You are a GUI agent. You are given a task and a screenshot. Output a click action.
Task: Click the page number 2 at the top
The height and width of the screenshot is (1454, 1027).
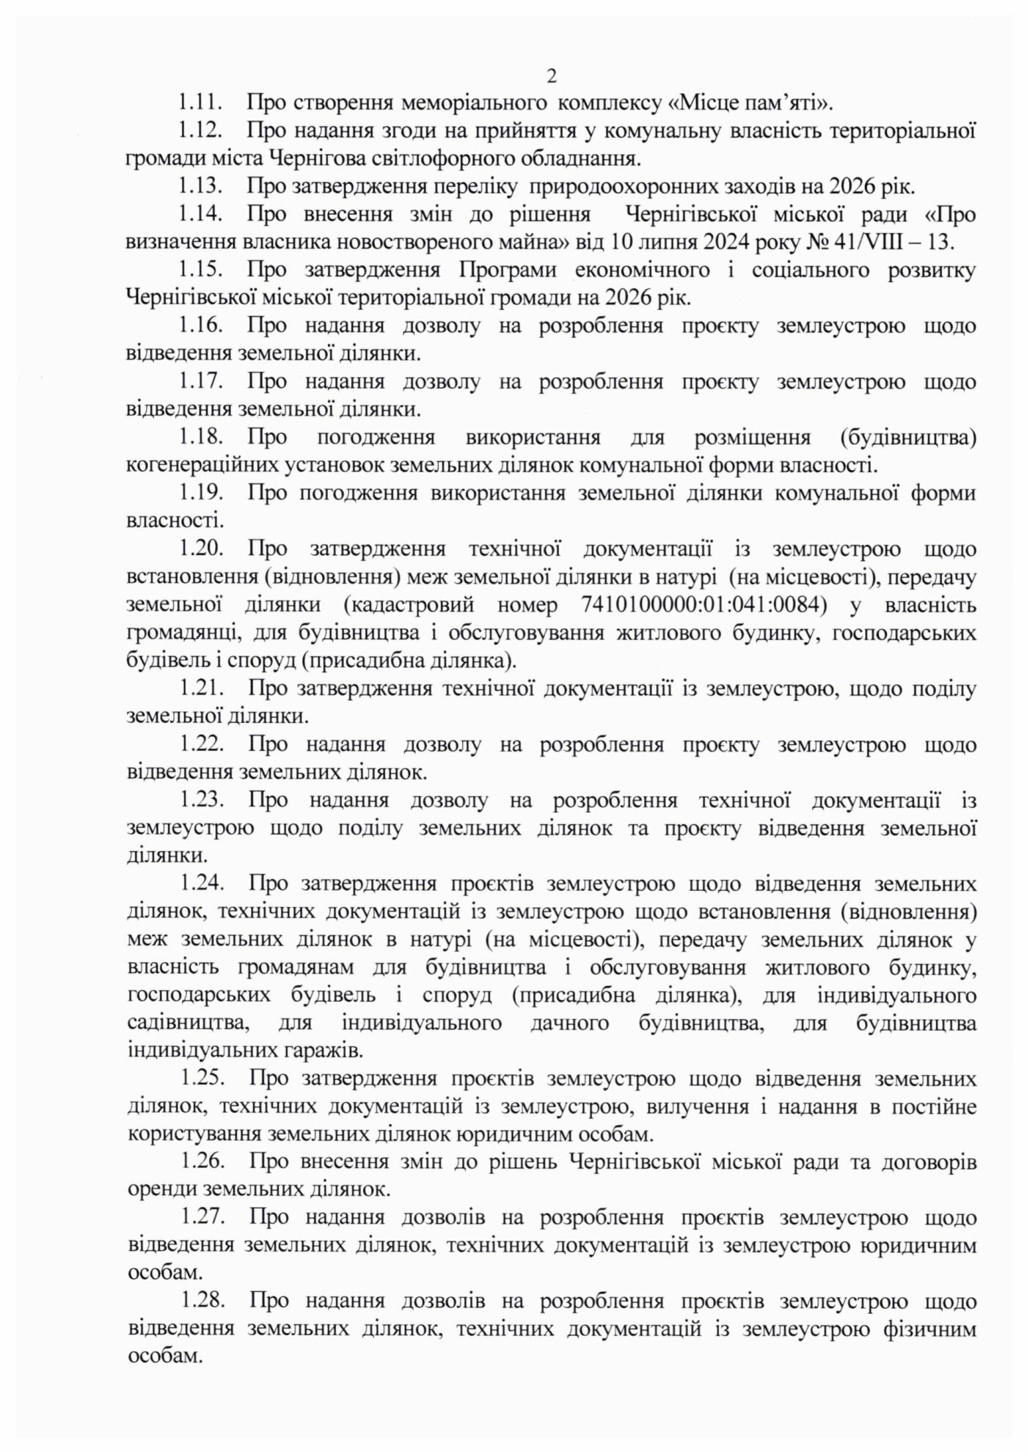click(552, 76)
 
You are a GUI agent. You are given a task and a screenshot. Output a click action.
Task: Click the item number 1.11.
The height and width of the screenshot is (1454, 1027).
click(201, 102)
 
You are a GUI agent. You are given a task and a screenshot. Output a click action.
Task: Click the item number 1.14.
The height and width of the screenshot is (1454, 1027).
click(201, 214)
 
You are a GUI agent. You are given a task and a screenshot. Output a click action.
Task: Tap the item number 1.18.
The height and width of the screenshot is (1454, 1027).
click(201, 438)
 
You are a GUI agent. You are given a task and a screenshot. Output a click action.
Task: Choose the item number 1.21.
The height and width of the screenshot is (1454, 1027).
click(201, 689)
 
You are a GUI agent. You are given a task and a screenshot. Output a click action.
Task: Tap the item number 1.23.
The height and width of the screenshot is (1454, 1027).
click(201, 801)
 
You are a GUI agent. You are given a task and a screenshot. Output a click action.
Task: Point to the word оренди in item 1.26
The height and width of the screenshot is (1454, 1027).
click(156, 1190)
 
